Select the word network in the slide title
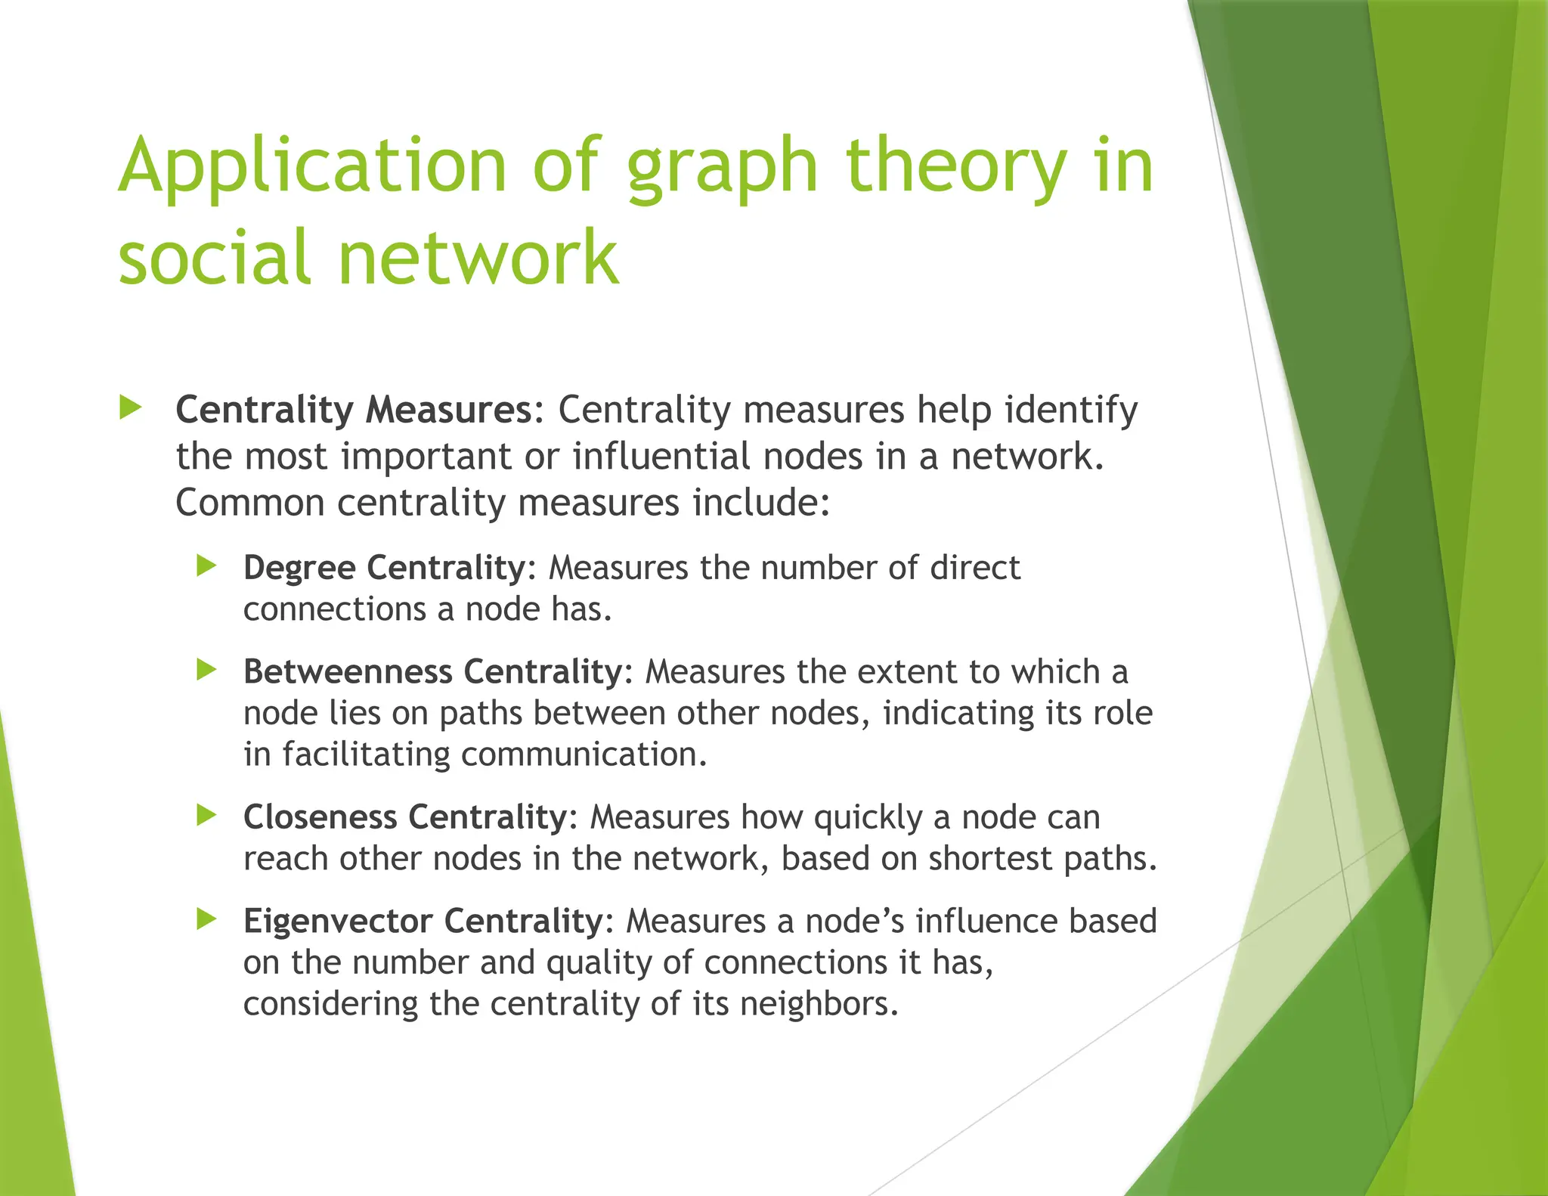pos(478,258)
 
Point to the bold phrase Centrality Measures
pos(354,410)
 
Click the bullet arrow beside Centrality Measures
pos(131,408)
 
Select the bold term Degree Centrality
pos(384,568)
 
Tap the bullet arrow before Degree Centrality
pos(206,565)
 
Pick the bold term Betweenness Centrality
pos(432,671)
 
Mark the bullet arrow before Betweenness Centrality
pos(206,669)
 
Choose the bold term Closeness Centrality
pos(405,817)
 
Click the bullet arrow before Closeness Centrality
pos(206,815)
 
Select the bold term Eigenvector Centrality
pos(423,921)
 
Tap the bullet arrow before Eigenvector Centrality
pos(206,919)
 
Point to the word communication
pos(584,754)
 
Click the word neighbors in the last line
pos(819,1004)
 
